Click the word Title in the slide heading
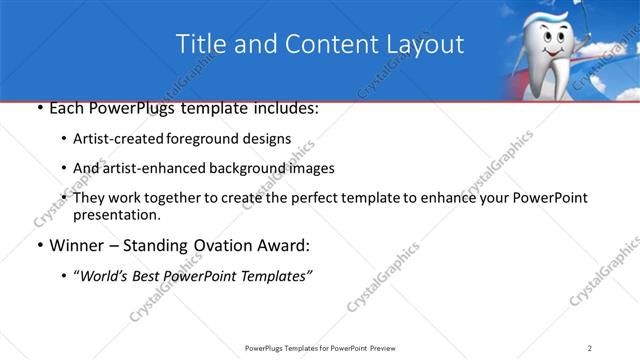pos(201,45)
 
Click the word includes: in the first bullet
pos(284,108)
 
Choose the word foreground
pos(204,138)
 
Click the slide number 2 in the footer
pos(590,348)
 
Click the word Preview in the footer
pos(393,348)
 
